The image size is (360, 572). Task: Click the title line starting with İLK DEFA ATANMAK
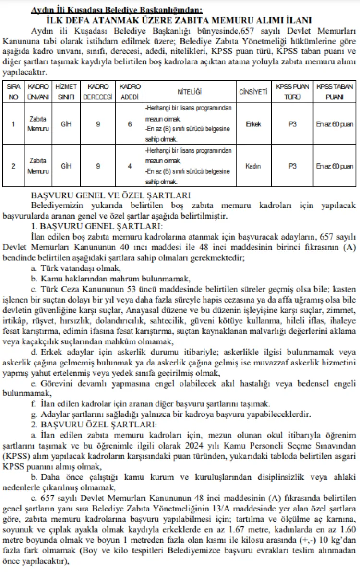pyautogui.click(x=180, y=20)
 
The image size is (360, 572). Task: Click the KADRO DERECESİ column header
pyautogui.click(x=98, y=91)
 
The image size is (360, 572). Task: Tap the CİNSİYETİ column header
pyautogui.click(x=253, y=91)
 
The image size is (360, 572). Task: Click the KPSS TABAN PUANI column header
pyautogui.click(x=335, y=91)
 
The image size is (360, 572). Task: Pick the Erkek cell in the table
pyautogui.click(x=253, y=124)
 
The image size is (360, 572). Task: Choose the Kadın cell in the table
pyautogui.click(x=253, y=166)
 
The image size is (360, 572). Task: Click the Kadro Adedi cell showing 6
pyautogui.click(x=130, y=124)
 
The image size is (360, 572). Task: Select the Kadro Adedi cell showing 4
pyautogui.click(x=130, y=166)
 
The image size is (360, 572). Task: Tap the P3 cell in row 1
pyautogui.click(x=292, y=124)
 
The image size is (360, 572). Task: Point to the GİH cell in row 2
pyautogui.click(x=66, y=166)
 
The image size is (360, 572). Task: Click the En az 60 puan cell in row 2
pyautogui.click(x=335, y=166)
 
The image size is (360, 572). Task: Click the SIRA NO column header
pyautogui.click(x=13, y=91)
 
